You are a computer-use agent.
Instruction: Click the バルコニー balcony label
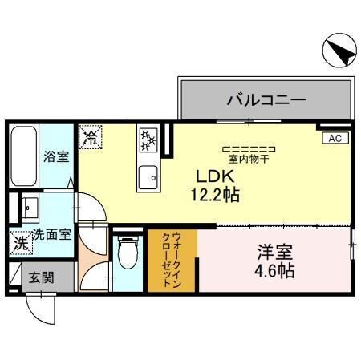pyautogui.click(x=266, y=101)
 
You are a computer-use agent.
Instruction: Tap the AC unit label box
pyautogui.click(x=335, y=138)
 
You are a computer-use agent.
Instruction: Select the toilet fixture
pyautogui.click(x=128, y=256)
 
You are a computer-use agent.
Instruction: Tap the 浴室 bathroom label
pyautogui.click(x=56, y=157)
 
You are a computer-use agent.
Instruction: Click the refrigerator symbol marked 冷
pyautogui.click(x=91, y=136)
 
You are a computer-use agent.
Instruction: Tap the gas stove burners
pyautogui.click(x=148, y=141)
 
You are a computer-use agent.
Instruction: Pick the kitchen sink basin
pyautogui.click(x=148, y=176)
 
